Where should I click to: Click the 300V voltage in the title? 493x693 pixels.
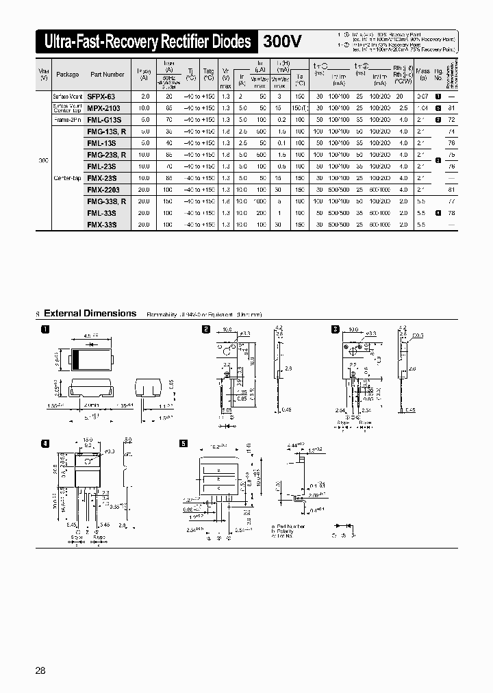click(282, 42)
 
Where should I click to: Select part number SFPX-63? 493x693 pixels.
click(101, 97)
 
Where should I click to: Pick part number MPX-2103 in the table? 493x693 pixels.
click(103, 108)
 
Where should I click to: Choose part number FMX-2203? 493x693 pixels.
click(104, 189)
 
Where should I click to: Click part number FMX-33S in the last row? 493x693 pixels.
click(101, 224)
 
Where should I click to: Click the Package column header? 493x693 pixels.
click(67, 74)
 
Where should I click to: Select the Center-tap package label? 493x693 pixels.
click(67, 177)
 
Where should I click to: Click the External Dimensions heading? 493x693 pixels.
click(90, 313)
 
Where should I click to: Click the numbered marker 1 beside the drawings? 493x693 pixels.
click(45, 330)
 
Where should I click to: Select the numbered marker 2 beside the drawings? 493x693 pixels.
click(205, 329)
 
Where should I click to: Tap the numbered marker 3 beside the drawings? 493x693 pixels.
click(336, 329)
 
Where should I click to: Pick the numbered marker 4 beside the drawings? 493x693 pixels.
click(45, 443)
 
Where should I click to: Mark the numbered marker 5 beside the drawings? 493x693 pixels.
click(183, 443)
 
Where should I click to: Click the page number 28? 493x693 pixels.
click(40, 670)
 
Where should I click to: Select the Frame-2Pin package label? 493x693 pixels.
click(67, 119)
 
